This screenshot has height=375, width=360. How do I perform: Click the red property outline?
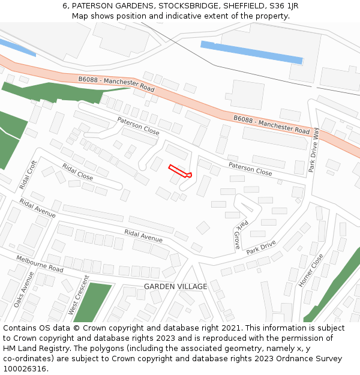pos(179,171)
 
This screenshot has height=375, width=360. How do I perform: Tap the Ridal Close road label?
pos(77,172)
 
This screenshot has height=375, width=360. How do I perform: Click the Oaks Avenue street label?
pos(25,289)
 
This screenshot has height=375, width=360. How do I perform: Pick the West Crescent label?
pos(78,295)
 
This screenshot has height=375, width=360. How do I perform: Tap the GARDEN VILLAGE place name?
pos(175,287)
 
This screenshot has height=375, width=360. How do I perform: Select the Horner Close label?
pos(311,270)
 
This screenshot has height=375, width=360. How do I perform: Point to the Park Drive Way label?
pos(314,149)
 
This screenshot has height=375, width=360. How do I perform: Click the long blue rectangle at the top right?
pos(251,52)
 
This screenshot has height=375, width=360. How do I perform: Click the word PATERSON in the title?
pos(93,6)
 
